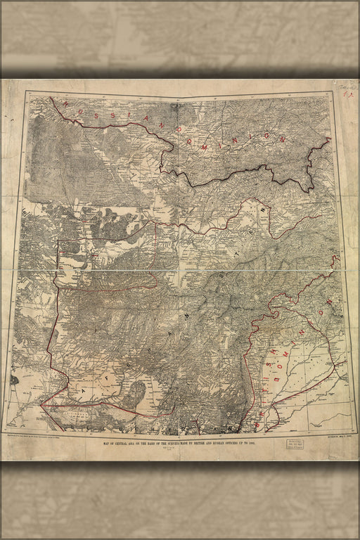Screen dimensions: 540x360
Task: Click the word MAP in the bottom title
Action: (x=106, y=444)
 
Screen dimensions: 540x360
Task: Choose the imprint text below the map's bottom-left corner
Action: (x=42, y=437)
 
